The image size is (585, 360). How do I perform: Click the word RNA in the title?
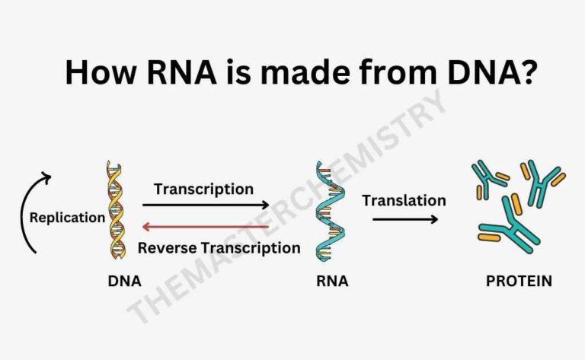pyautogui.click(x=159, y=72)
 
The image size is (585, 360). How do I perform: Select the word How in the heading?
pyautogui.click(x=93, y=72)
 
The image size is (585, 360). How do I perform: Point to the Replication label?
pyautogui.click(x=67, y=218)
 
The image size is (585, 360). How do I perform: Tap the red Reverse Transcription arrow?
pyautogui.click(x=206, y=226)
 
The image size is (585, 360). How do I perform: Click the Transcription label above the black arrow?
pyautogui.click(x=203, y=188)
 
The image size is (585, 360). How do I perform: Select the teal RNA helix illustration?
pyautogui.click(x=328, y=211)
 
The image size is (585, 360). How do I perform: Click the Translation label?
pyautogui.click(x=404, y=201)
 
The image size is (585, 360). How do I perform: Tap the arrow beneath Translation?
pyautogui.click(x=404, y=220)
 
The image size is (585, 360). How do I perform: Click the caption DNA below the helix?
pyautogui.click(x=124, y=281)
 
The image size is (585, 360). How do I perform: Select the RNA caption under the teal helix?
pyautogui.click(x=332, y=281)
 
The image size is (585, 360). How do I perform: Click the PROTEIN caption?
pyautogui.click(x=519, y=281)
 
